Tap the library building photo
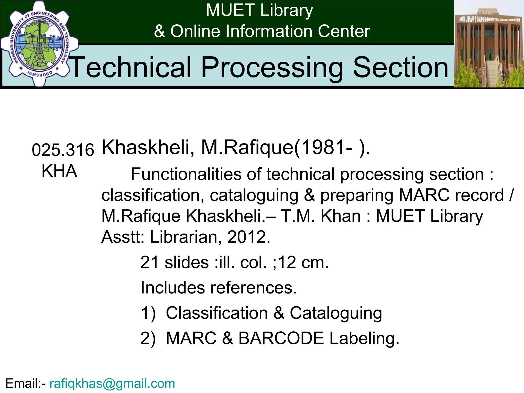pyautogui.click(x=489, y=44)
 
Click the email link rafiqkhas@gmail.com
pyautogui.click(x=112, y=384)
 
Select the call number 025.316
pyautogui.click(x=63, y=150)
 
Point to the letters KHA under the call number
pyautogui.click(x=59, y=171)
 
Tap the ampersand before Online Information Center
pyautogui.click(x=159, y=31)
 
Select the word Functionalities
pyautogui.click(x=186, y=174)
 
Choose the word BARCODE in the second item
pyautogui.click(x=281, y=338)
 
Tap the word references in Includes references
pyautogui.click(x=253, y=288)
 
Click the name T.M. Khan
pyautogui.click(x=321, y=216)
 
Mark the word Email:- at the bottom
pyautogui.click(x=26, y=384)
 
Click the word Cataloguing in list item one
pyautogui.click(x=336, y=313)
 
